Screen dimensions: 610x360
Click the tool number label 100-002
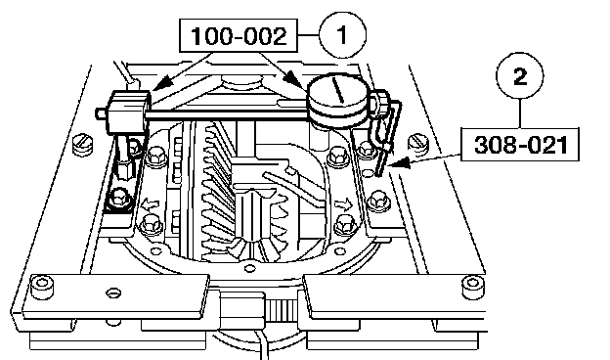pyautogui.click(x=239, y=36)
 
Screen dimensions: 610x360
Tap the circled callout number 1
pyautogui.click(x=342, y=34)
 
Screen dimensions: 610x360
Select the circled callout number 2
pyautogui.click(x=520, y=76)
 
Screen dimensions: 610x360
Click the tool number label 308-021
pyautogui.click(x=520, y=145)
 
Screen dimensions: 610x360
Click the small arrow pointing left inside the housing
pyautogui.click(x=151, y=203)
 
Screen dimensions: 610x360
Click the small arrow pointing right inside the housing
pyautogui.click(x=343, y=203)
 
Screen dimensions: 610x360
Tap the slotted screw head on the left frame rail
pyautogui.click(x=83, y=145)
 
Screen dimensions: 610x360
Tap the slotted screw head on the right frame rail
pyautogui.click(x=418, y=143)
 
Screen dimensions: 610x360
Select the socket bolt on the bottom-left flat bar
pyautogui.click(x=42, y=287)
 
